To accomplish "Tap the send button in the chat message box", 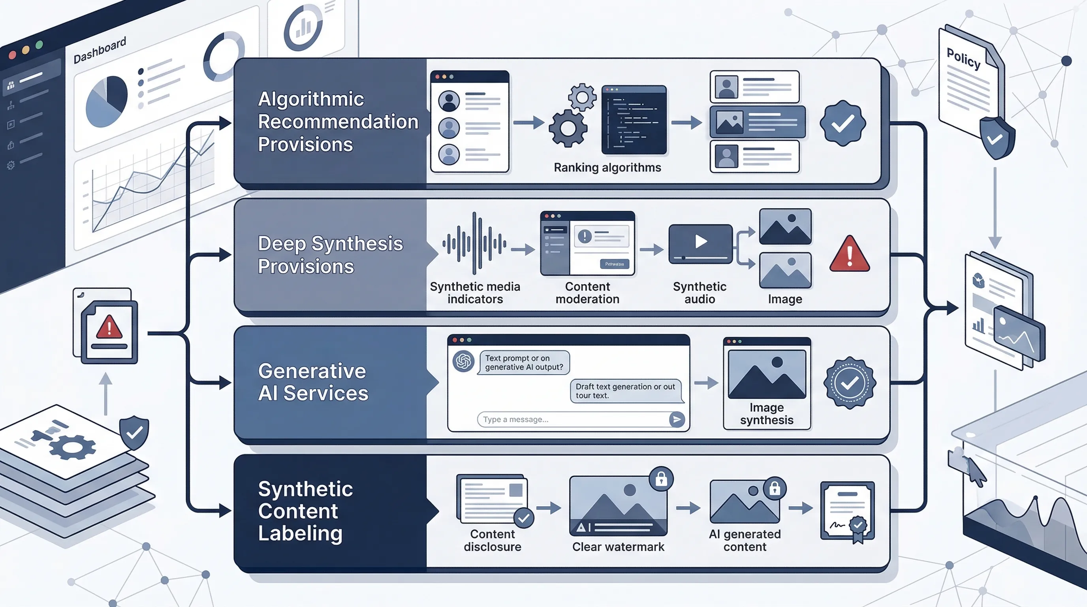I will click(677, 419).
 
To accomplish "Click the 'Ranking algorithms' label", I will click(607, 168).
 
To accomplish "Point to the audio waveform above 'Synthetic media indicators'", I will click(474, 243).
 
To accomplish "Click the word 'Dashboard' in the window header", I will click(100, 51).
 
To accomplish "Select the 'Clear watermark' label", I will click(618, 547).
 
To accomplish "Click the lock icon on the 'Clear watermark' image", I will click(661, 479).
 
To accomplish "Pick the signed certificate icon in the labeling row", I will click(847, 512).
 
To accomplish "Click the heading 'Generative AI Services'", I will click(313, 382).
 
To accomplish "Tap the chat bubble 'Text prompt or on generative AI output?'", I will click(524, 363).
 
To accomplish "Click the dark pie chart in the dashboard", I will click(106, 102).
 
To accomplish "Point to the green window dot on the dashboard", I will click(39, 45).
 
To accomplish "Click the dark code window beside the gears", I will click(634, 120).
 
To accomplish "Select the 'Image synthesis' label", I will click(766, 414).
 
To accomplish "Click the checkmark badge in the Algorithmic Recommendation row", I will click(843, 123).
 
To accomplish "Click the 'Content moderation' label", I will click(587, 292).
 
